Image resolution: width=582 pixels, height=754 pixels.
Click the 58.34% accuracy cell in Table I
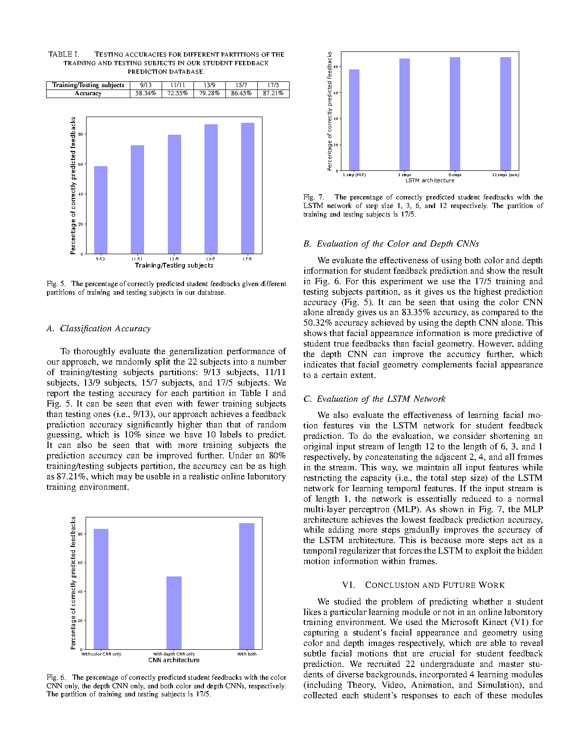[x=145, y=93]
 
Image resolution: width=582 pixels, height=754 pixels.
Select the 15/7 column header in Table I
[x=241, y=85]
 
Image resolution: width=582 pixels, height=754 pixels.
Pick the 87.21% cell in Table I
[x=273, y=93]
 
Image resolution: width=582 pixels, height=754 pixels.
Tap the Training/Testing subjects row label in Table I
[x=88, y=85]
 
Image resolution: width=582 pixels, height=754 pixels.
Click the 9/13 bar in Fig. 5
[x=101, y=210]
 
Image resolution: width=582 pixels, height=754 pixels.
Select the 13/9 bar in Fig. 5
[x=175, y=194]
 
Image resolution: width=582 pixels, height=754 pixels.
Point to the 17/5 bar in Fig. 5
[x=248, y=188]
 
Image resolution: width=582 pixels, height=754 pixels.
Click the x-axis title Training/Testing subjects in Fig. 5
[x=174, y=266]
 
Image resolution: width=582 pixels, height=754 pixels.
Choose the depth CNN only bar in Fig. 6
[x=174, y=613]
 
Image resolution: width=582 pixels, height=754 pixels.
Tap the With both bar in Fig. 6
[x=247, y=586]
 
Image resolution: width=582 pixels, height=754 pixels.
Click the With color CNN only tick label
[x=101, y=654]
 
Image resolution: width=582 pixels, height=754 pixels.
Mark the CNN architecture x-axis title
[x=174, y=660]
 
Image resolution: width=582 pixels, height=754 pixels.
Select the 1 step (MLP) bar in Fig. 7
[x=354, y=120]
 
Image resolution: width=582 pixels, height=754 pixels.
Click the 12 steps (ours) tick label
[x=505, y=175]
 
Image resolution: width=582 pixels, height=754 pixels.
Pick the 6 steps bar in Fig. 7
[x=455, y=114]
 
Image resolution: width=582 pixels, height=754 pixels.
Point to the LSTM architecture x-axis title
[x=430, y=180]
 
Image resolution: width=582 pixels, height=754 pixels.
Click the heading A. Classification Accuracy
[x=98, y=328]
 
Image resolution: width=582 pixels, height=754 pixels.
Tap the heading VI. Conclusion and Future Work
[x=423, y=585]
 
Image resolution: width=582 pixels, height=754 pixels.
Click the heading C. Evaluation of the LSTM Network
[x=374, y=399]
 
